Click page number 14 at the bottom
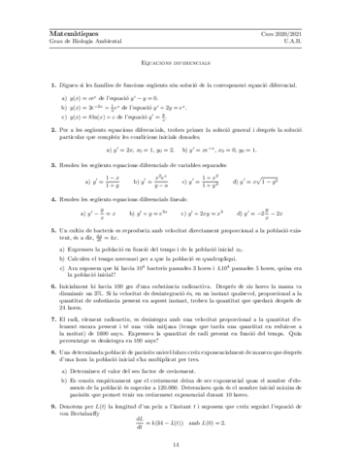click(x=180, y=445)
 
